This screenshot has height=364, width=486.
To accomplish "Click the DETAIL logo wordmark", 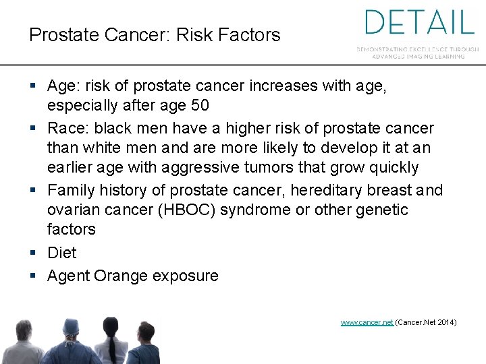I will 419,22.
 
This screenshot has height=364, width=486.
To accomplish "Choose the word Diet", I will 62,253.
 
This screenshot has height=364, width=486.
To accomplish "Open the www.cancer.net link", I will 367,323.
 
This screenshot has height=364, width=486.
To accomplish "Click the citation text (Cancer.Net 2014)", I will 426,323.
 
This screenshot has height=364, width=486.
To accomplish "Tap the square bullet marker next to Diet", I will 34,253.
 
